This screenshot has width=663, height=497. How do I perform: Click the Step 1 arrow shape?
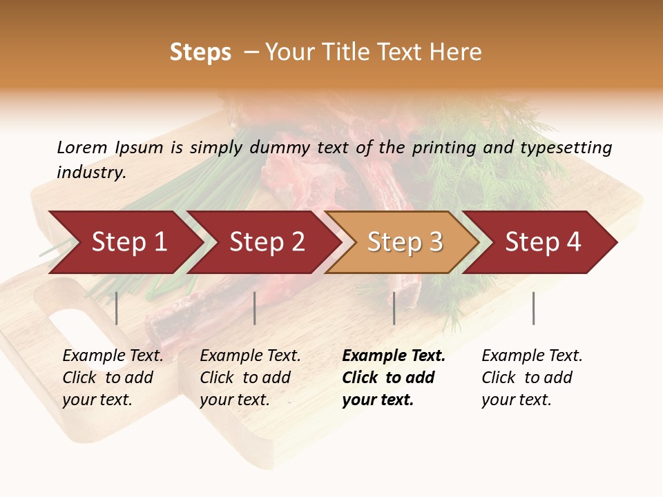pyautogui.click(x=128, y=242)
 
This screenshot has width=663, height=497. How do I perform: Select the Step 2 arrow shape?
pyautogui.click(x=267, y=242)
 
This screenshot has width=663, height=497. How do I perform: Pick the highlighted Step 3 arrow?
pyautogui.click(x=405, y=242)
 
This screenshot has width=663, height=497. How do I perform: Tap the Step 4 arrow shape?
pyautogui.click(x=543, y=242)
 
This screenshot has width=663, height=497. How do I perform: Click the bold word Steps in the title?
pyautogui.click(x=200, y=52)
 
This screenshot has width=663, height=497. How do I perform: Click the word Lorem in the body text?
pyautogui.click(x=81, y=148)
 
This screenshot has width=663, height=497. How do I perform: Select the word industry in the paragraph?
pyautogui.click(x=91, y=173)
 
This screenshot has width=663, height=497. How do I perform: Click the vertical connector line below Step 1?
pyautogui.click(x=117, y=308)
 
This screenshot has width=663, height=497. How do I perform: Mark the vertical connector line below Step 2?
pyautogui.click(x=255, y=308)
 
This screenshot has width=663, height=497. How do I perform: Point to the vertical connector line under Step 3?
pyautogui.click(x=394, y=308)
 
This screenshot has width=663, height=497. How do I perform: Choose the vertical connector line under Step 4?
pyautogui.click(x=533, y=308)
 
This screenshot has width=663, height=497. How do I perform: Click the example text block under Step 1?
pyautogui.click(x=113, y=378)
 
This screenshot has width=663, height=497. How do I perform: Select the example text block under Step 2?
pyautogui.click(x=250, y=378)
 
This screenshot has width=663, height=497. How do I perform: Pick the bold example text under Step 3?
pyautogui.click(x=393, y=378)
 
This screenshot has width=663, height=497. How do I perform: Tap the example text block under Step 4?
pyautogui.click(x=532, y=378)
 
